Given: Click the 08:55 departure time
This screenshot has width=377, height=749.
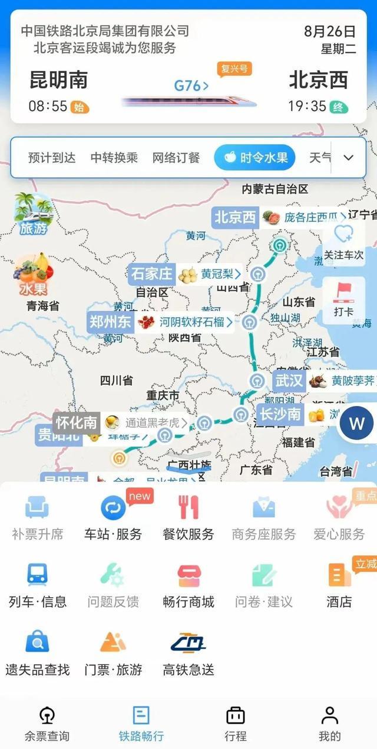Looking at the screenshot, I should [x=48, y=106].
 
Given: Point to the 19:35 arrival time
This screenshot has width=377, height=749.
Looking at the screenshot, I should [x=307, y=106].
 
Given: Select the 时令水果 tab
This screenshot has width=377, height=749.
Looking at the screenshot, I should [x=254, y=158].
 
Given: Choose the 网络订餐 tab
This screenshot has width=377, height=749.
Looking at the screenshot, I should [x=176, y=158].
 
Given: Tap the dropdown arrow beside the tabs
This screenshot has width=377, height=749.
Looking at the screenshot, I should [x=348, y=158].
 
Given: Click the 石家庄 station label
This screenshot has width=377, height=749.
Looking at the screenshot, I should [x=151, y=274].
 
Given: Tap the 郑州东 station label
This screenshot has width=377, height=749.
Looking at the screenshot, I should [x=110, y=322].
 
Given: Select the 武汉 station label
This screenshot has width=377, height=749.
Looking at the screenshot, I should [x=289, y=381].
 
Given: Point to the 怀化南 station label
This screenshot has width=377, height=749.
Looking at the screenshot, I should [x=76, y=422].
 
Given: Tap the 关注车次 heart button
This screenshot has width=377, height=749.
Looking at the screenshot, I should [x=343, y=241].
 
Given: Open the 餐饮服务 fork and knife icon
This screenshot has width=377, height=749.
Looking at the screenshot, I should [x=188, y=508].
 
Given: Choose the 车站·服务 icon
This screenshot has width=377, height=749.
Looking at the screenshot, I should [x=113, y=508].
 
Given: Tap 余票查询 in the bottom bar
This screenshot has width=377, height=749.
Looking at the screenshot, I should [x=47, y=724].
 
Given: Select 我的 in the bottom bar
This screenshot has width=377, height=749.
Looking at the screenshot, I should [x=330, y=724].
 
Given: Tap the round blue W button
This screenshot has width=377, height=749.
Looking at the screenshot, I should [x=357, y=423].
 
